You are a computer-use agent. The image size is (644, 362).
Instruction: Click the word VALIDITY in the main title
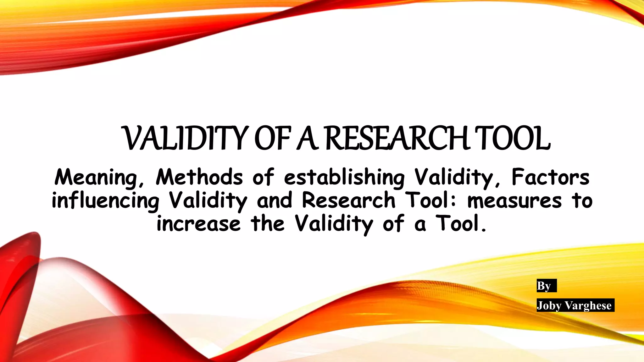click(x=184, y=139)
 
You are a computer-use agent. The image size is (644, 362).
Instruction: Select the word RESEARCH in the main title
click(x=397, y=139)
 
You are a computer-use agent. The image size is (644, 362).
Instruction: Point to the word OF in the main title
click(x=272, y=139)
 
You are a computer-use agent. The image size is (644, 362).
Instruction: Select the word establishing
click(x=344, y=178)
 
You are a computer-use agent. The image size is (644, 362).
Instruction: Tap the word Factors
click(x=550, y=177)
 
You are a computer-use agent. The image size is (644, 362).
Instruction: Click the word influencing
click(x=106, y=201)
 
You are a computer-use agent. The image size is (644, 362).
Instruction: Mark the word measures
click(x=514, y=201)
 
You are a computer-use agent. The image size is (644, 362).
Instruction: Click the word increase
click(x=199, y=224)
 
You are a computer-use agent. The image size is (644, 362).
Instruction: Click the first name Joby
click(x=549, y=305)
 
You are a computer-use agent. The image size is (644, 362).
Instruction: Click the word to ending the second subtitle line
click(x=582, y=201)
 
